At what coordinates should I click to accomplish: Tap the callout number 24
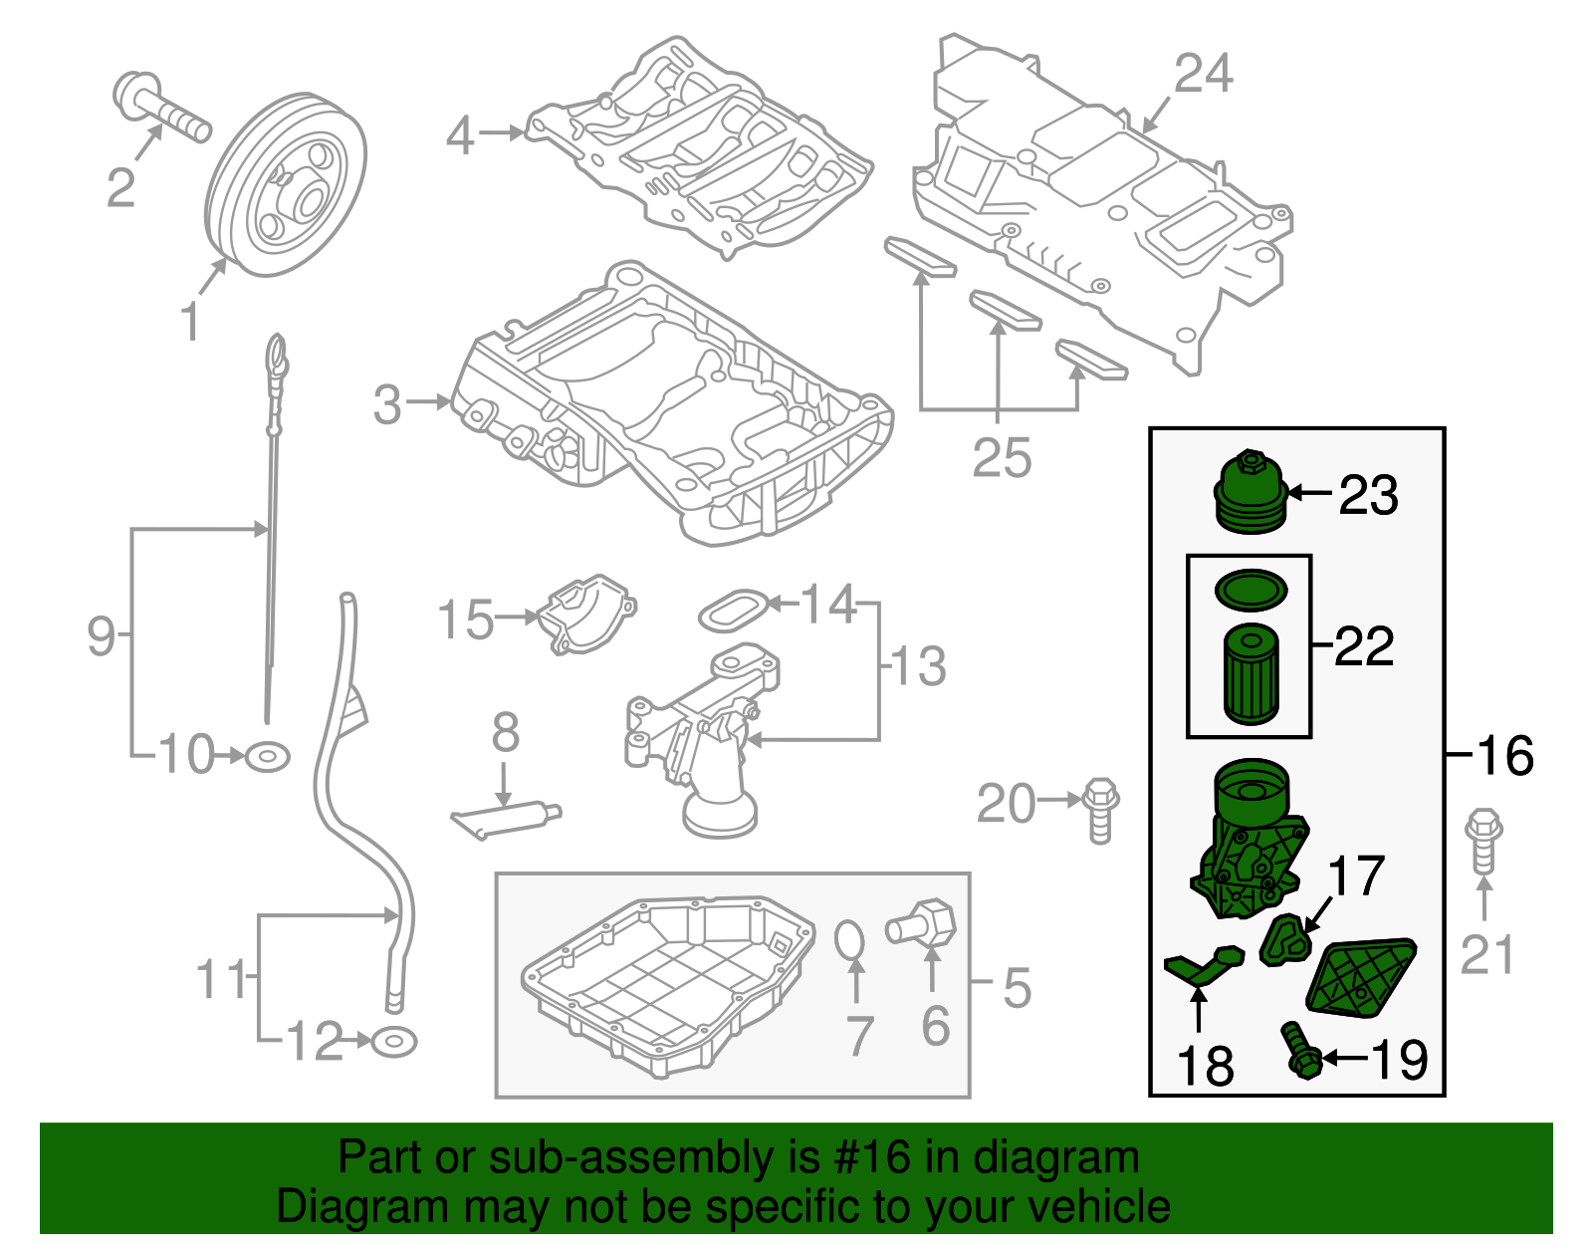coord(1203,74)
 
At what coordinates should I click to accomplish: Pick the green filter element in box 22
coord(1250,673)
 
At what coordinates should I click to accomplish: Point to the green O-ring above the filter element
coord(1251,589)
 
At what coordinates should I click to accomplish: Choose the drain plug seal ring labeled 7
coord(848,939)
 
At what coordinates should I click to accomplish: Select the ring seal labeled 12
coord(393,1042)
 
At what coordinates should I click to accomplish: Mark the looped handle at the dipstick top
coord(276,355)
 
